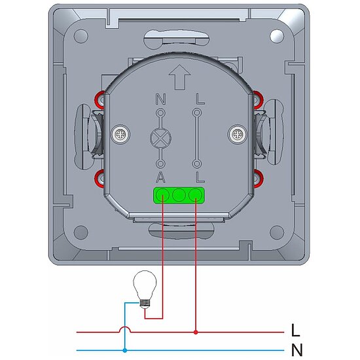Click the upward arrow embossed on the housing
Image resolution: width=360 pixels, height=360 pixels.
[x=179, y=77]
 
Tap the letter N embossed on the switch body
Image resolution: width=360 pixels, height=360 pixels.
[x=161, y=99]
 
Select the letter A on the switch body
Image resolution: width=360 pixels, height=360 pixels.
[x=161, y=177]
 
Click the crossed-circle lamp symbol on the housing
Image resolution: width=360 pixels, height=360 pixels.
[x=161, y=138]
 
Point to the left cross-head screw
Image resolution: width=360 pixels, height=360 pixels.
[x=120, y=134]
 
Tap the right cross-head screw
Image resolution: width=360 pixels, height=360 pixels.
[x=238, y=134]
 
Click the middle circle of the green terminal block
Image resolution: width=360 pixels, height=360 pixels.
[x=179, y=195]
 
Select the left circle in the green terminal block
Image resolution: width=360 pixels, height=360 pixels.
[x=162, y=195]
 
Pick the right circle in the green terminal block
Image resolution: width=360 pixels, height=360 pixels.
[x=196, y=195]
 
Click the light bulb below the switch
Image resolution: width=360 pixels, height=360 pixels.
[x=145, y=289]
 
